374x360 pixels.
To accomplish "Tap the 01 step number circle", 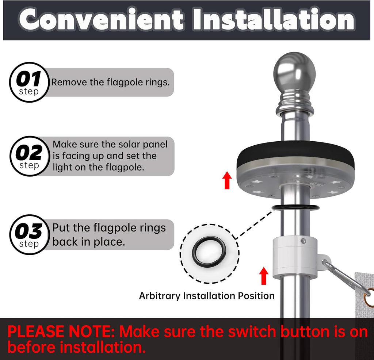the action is (x=29, y=82).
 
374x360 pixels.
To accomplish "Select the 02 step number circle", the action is (x=30, y=156).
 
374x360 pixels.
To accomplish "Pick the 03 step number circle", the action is (x=30, y=235).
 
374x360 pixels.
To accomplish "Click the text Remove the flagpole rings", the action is (x=110, y=82).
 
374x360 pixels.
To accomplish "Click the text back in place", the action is (x=88, y=242).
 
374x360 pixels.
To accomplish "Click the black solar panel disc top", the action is (x=295, y=153).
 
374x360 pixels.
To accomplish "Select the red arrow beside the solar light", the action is (x=227, y=180).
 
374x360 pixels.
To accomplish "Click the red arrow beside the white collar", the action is (x=264, y=276).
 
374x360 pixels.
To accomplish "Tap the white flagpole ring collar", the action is (x=295, y=258).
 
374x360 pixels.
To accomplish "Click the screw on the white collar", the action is (x=304, y=241).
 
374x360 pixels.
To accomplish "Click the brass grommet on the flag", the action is (x=369, y=297).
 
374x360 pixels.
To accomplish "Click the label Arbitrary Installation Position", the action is (x=207, y=296).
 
